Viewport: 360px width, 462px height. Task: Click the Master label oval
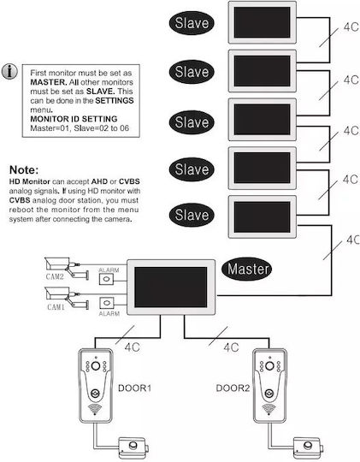[246, 269]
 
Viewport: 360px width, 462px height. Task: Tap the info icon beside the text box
[9, 72]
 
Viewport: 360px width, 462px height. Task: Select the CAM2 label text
[55, 276]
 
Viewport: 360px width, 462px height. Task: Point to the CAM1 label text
[56, 307]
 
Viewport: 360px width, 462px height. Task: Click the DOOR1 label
[134, 388]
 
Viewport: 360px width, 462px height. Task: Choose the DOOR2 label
[233, 388]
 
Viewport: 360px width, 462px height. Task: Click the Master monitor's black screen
[171, 287]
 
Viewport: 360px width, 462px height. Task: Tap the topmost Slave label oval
[192, 23]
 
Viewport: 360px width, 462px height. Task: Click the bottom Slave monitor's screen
[263, 217]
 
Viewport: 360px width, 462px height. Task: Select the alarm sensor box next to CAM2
[106, 279]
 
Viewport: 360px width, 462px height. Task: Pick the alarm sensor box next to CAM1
[107, 303]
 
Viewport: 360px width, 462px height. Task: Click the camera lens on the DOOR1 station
[96, 366]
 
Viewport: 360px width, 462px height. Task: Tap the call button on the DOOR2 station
[269, 393]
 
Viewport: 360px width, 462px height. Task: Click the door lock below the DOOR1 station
[133, 447]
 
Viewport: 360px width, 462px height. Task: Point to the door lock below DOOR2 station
[308, 447]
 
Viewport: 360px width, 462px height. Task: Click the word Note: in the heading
[24, 170]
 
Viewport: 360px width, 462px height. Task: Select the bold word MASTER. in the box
[49, 82]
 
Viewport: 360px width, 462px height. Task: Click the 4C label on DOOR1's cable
[132, 347]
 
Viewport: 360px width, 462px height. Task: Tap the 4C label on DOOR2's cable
[231, 347]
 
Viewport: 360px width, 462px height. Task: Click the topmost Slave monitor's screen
[263, 22]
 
